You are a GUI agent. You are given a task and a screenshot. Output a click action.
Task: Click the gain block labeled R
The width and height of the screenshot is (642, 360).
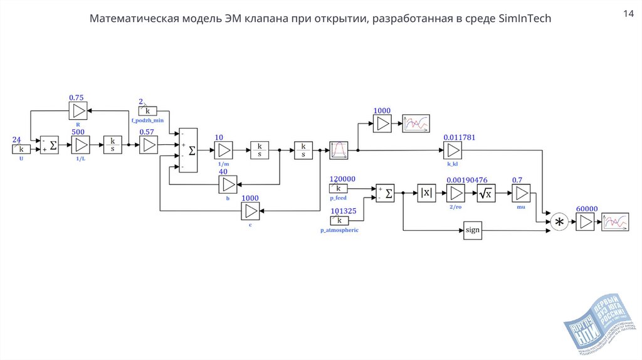[x=78, y=111]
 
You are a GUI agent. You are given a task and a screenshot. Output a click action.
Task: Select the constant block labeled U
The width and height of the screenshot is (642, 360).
[x=21, y=149]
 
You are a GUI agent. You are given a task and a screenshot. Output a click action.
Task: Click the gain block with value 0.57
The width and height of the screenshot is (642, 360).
[x=148, y=146]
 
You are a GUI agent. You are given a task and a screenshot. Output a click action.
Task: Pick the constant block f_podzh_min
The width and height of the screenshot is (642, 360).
[x=148, y=111]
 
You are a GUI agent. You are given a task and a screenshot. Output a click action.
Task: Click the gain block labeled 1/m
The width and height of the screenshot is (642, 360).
[x=224, y=151]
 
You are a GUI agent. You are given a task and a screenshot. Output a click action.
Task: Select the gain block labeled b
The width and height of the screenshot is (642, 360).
[x=228, y=184]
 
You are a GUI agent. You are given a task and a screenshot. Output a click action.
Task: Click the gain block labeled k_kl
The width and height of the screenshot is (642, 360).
[x=453, y=151]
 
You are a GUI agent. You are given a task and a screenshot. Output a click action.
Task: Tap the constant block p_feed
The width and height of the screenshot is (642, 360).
[x=339, y=188]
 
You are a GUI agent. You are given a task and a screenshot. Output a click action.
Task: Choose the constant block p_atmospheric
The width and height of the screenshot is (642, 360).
[x=339, y=220]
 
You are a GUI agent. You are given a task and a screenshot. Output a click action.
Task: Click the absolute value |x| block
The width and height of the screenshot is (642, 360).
[x=426, y=193]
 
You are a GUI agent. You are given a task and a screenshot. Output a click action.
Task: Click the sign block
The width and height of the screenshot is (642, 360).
[x=473, y=230]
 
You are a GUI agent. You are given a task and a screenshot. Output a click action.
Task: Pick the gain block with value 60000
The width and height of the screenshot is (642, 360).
[x=586, y=222]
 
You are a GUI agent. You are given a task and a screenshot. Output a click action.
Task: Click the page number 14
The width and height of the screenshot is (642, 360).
[x=627, y=13]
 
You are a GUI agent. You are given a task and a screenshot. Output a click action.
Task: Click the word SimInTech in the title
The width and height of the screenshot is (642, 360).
[x=525, y=19]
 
